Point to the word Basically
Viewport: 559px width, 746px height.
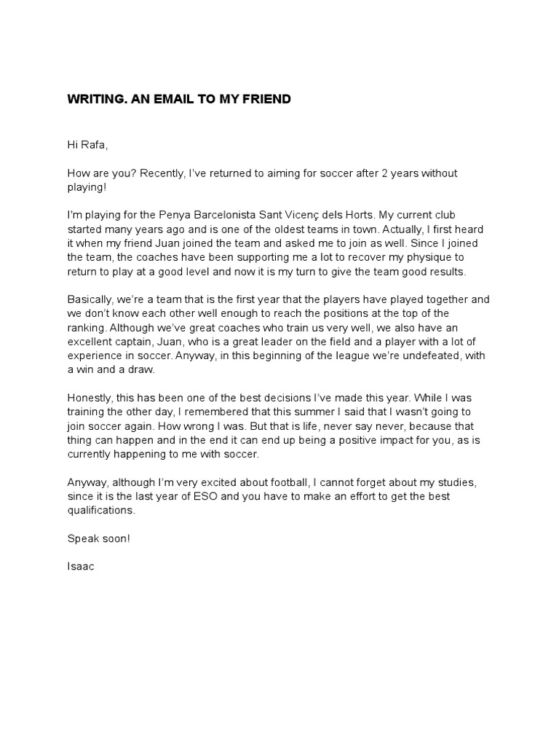[91, 299]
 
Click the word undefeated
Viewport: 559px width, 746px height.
[428, 355]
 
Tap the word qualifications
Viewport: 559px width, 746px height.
[100, 510]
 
